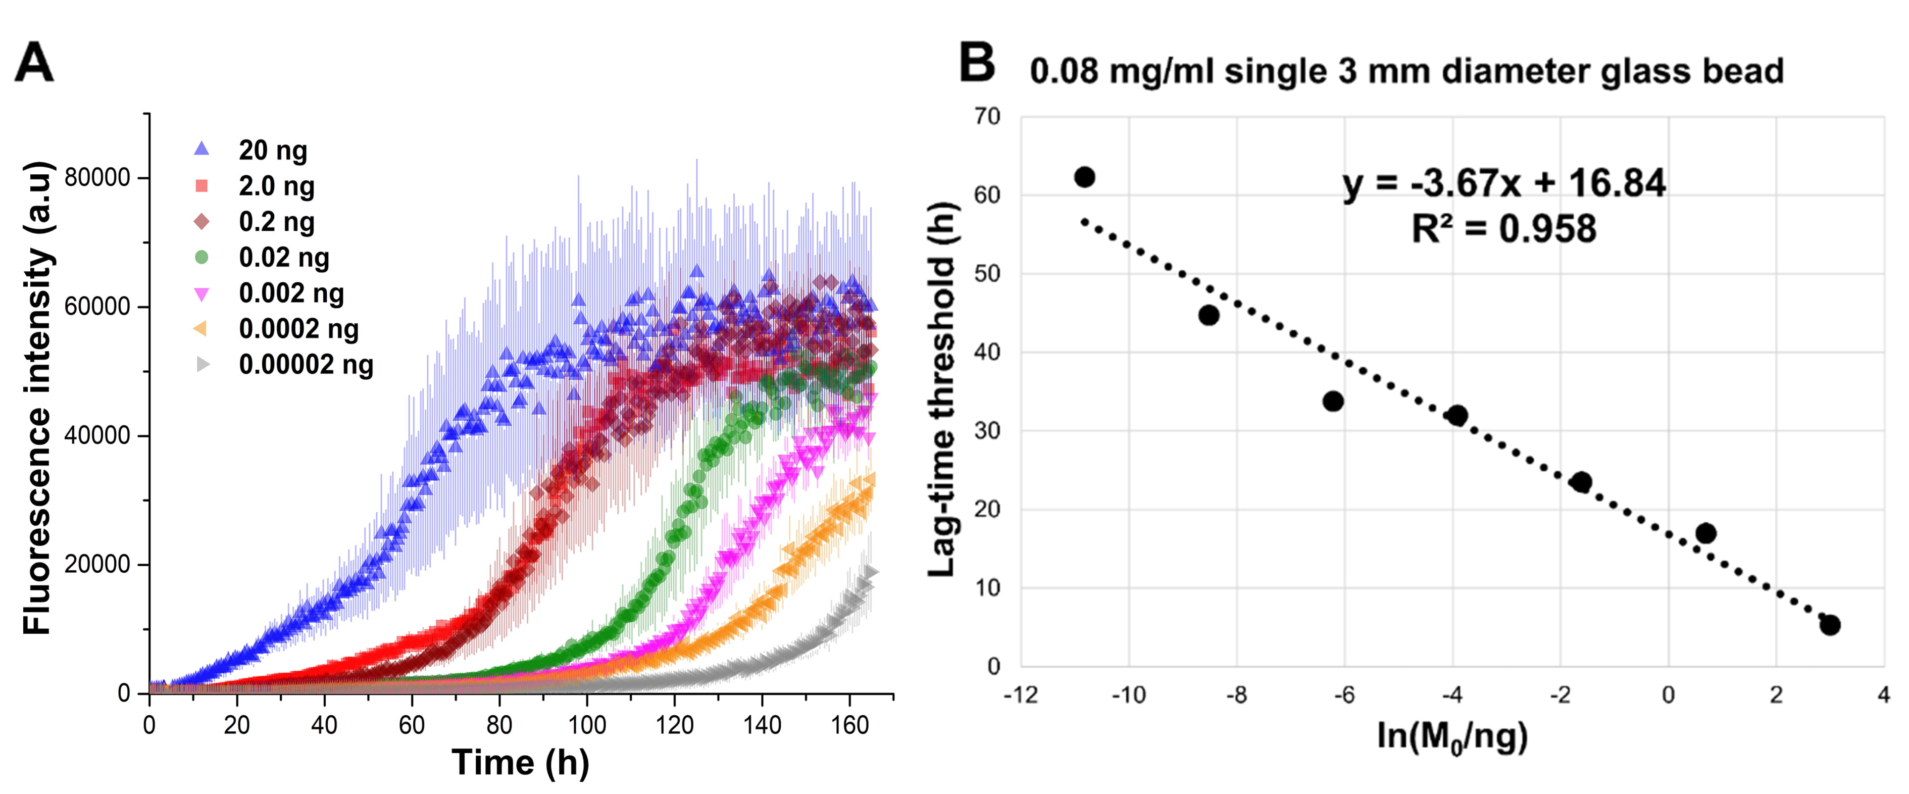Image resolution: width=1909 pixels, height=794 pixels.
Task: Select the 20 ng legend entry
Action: [x=272, y=151]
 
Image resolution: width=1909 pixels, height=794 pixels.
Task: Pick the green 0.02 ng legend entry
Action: [x=283, y=258]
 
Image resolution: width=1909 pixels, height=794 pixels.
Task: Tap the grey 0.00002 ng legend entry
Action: [x=306, y=365]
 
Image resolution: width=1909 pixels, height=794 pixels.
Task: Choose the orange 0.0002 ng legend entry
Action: [x=298, y=329]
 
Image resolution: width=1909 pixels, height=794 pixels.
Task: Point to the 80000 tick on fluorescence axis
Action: [x=97, y=178]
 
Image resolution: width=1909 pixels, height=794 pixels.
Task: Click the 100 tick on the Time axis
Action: [x=587, y=724]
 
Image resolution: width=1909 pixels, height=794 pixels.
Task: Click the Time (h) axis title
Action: [x=520, y=763]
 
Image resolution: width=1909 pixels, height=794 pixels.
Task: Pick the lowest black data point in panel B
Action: [x=1830, y=625]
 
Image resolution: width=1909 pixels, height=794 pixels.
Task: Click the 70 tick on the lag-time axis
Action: [x=988, y=116]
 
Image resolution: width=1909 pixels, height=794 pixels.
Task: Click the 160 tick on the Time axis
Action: [x=849, y=724]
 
